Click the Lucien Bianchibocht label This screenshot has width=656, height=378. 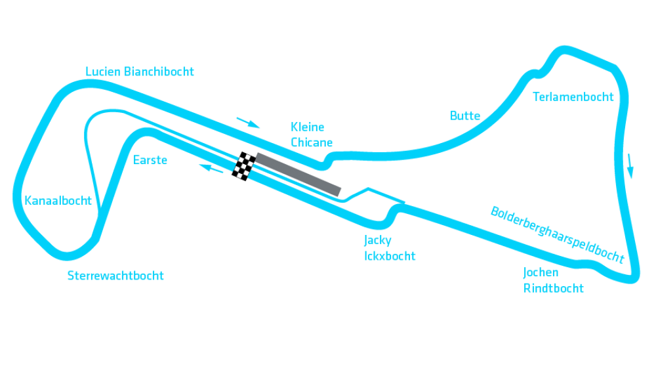coord(140,72)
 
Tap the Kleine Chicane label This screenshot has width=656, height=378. coord(312,135)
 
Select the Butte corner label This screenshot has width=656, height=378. coord(465,115)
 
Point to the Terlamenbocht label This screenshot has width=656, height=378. coord(573,96)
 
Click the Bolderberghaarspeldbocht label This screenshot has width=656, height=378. coord(558,234)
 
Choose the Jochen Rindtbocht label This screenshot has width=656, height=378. coord(554,280)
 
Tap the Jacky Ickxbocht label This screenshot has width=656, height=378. coord(390,248)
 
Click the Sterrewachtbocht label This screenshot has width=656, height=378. coord(115,276)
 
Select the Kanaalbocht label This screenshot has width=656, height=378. coord(58,201)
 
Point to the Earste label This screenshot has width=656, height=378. coord(150,160)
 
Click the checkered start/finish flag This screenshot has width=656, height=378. coord(244,166)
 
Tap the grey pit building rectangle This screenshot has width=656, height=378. coord(298,175)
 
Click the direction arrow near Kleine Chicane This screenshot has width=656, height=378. coord(248,123)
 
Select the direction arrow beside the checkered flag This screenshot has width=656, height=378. coord(211,169)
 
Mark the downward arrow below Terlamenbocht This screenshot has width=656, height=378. coord(630,166)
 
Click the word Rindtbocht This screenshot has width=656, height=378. coord(554,288)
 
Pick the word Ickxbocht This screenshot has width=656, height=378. coord(390,256)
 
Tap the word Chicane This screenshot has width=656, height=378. coord(312,142)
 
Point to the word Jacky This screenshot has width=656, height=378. coord(378,240)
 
